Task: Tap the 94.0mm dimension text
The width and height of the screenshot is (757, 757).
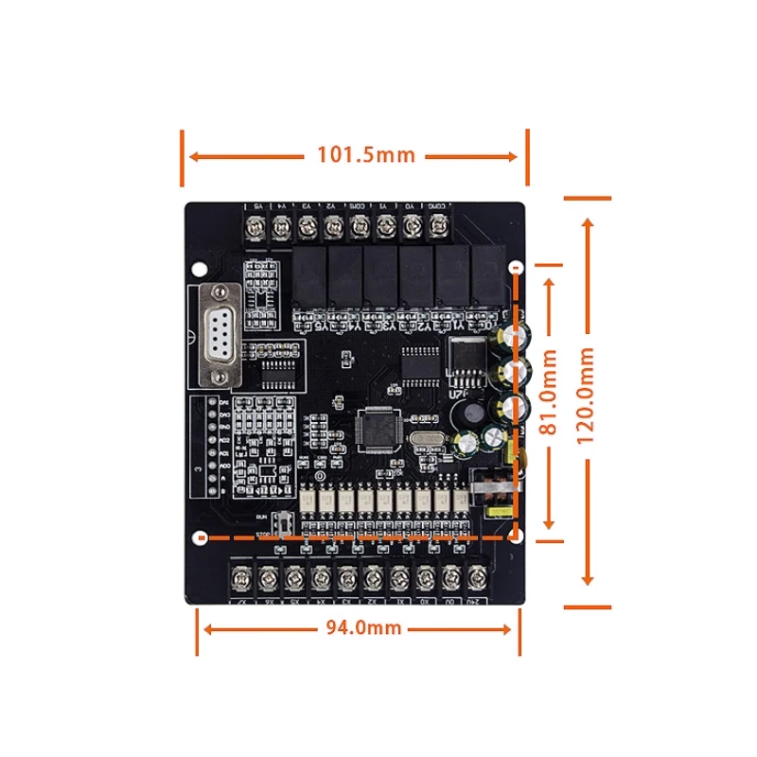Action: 364,627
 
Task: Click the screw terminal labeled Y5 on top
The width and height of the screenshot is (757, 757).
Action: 255,227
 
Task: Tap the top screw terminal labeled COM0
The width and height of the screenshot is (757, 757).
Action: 438,227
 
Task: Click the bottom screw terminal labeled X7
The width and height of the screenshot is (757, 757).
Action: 243,577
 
